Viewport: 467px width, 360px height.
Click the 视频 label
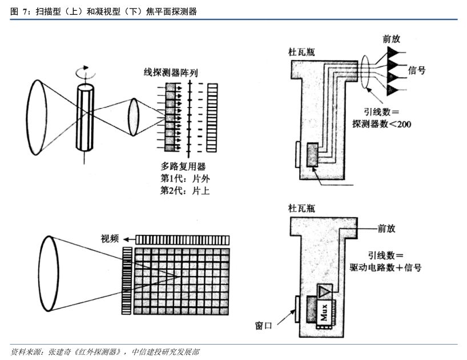110,239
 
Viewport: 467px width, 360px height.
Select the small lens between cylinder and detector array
134,117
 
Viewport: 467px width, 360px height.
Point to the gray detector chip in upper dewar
313,155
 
